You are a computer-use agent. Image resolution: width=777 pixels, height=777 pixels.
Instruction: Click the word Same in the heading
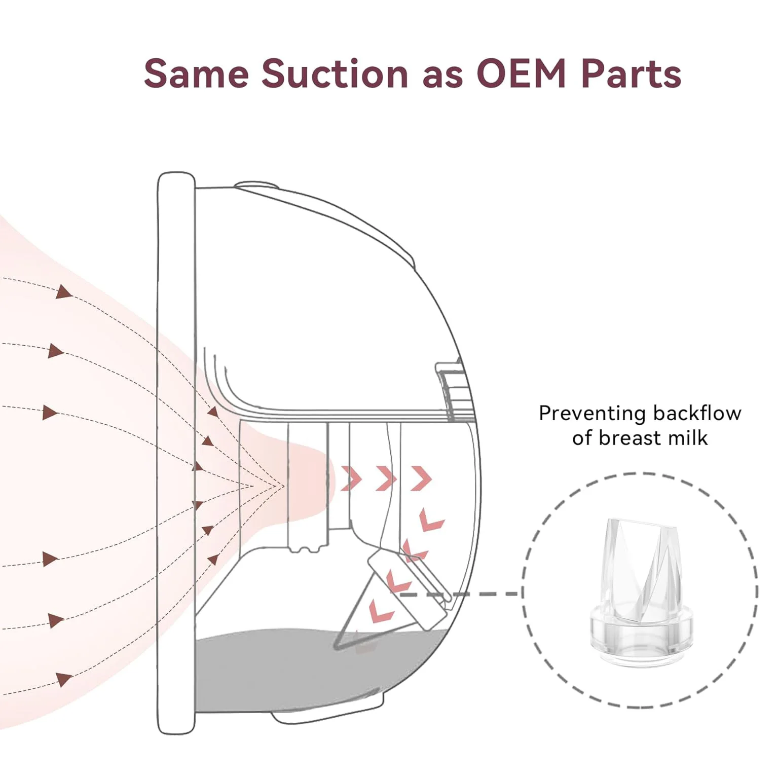point(197,74)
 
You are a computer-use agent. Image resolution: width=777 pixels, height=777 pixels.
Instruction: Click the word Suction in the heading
point(335,74)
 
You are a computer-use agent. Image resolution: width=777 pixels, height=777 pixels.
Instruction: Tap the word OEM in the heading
point(522,74)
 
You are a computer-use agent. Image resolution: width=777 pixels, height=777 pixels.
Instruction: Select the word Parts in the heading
point(631,74)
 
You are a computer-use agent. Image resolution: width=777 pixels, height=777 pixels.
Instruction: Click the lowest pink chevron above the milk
point(381,610)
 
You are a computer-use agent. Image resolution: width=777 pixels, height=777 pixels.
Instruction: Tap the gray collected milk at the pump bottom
point(314,669)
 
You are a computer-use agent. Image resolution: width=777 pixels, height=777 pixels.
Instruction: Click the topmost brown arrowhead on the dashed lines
point(63,292)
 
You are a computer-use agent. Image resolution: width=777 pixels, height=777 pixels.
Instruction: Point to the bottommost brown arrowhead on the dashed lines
point(64,679)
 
